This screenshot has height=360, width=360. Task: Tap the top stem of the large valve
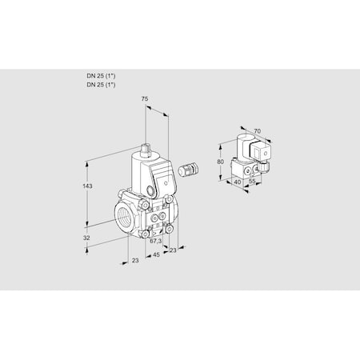pyautogui.click(x=146, y=148)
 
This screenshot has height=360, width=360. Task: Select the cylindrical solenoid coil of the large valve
pyautogui.click(x=144, y=172)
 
